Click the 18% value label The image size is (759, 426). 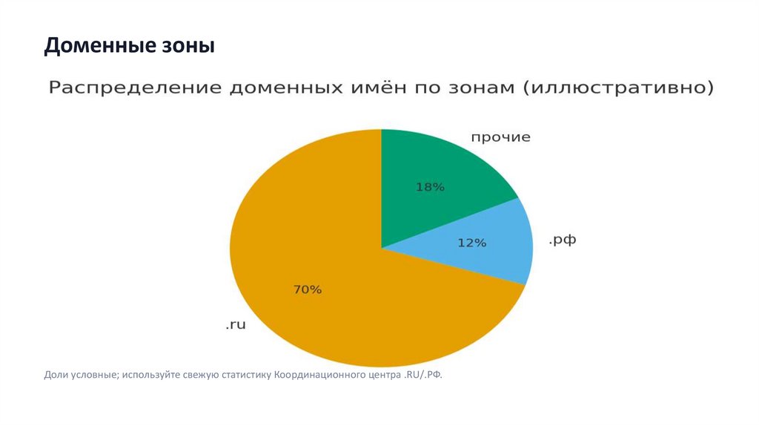[430, 188]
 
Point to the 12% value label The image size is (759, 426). [471, 243]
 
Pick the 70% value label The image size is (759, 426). [308, 290]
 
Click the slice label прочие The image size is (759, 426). [501, 137]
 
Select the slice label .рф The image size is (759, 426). [563, 240]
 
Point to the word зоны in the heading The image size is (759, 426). [188, 47]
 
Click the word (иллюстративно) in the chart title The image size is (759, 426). [619, 88]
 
